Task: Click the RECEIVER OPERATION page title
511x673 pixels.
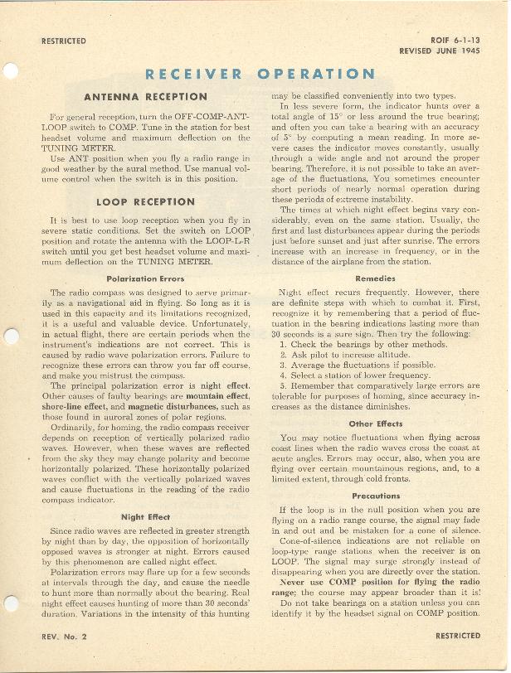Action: tap(260, 74)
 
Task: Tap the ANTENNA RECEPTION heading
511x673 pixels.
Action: tap(145, 97)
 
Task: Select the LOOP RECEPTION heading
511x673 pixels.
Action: tap(145, 201)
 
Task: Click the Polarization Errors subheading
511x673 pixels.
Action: tap(145, 279)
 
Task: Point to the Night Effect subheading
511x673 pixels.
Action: tap(145, 516)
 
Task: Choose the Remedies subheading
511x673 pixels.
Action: tap(375, 279)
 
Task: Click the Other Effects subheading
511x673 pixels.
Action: tap(375, 424)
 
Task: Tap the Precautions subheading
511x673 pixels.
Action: tap(375, 496)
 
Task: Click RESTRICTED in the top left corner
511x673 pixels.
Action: tap(63, 41)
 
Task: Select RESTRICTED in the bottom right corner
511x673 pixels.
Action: tap(457, 636)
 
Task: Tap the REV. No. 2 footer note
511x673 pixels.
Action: tap(65, 636)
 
